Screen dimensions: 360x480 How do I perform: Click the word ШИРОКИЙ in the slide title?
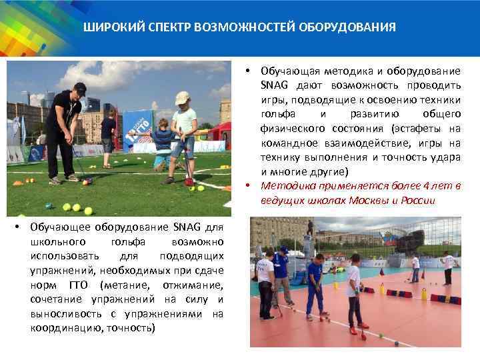click(109, 28)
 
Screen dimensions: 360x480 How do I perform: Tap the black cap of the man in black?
click(80, 87)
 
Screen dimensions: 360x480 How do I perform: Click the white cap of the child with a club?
click(181, 98)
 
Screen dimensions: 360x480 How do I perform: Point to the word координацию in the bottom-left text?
click(62, 328)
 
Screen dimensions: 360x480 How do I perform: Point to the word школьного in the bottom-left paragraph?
click(57, 242)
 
